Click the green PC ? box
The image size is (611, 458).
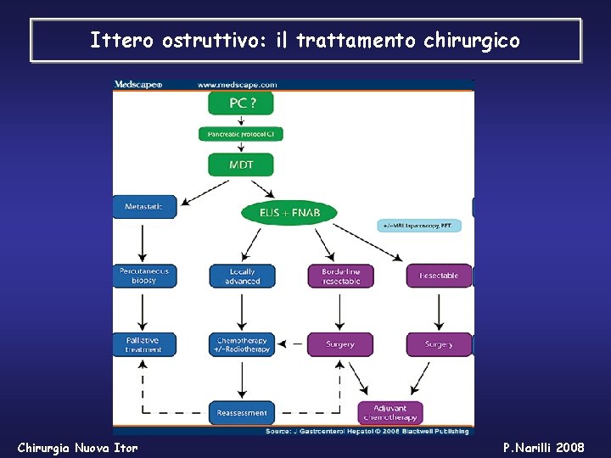(241, 103)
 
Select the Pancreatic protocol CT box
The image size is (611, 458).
(241, 134)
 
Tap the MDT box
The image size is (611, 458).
(241, 165)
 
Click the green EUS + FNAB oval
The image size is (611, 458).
(289, 213)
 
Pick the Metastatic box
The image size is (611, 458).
(144, 207)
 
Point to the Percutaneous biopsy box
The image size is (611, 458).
(144, 276)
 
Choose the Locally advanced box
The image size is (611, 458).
(242, 276)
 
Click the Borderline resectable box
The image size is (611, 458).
(340, 276)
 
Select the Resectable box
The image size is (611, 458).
(439, 276)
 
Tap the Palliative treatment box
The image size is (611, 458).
(143, 344)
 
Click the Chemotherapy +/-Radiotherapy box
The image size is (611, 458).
(242, 344)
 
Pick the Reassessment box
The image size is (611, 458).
(242, 413)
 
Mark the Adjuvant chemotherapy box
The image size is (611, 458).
(390, 413)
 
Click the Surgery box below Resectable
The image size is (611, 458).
(439, 344)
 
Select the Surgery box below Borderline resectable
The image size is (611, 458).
(340, 344)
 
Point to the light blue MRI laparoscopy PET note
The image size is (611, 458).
(419, 226)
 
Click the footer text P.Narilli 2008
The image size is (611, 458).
(543, 447)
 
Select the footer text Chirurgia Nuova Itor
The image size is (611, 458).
(77, 447)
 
